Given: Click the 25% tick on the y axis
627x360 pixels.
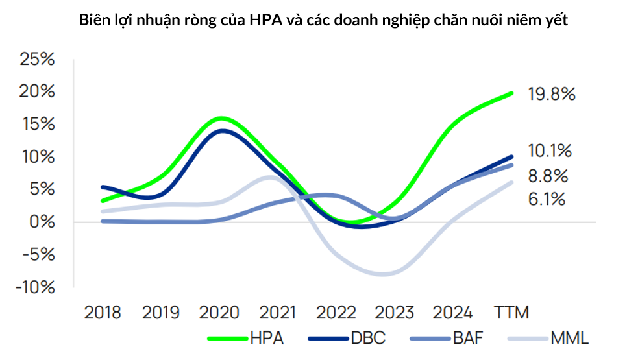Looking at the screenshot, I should tap(38, 60).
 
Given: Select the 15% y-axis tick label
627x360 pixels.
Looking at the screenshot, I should tap(38, 125).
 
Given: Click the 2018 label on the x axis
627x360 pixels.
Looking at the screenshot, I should tap(103, 313).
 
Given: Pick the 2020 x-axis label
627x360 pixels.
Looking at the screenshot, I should tap(219, 313).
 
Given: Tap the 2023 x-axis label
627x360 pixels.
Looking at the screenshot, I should tap(395, 313).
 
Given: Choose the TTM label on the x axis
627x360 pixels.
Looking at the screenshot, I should tap(511, 313).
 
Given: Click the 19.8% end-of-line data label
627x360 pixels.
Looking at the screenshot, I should tap(552, 95).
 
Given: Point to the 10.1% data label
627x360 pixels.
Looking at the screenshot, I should tap(550, 152).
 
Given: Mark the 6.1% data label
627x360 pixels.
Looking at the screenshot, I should tap(547, 198).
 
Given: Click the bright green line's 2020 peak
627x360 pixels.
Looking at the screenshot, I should tap(221, 118).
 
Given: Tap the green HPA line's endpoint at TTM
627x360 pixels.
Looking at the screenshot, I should tap(511, 93).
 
